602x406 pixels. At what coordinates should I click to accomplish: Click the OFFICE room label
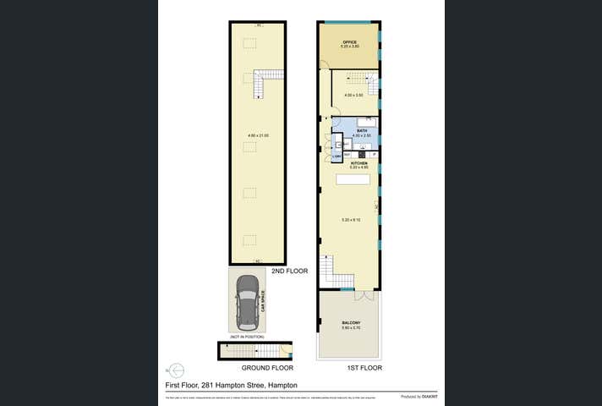click(x=349, y=41)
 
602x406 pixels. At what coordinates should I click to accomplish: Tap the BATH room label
click(x=361, y=131)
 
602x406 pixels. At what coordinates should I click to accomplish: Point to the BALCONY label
click(x=351, y=323)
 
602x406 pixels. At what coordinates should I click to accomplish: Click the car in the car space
click(x=248, y=302)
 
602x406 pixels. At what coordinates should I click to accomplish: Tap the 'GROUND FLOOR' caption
click(x=267, y=369)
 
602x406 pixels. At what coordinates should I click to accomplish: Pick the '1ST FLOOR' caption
click(x=365, y=369)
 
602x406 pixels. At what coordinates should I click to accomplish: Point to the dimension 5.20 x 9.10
click(x=351, y=220)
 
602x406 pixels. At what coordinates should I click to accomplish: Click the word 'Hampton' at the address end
click(x=286, y=385)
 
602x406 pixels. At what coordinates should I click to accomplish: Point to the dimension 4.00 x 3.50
click(x=353, y=95)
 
